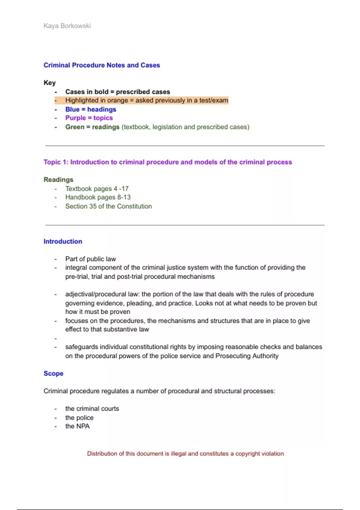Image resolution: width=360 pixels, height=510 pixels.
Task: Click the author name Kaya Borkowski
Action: click(x=67, y=26)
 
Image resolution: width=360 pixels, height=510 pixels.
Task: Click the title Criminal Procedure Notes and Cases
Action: click(x=102, y=65)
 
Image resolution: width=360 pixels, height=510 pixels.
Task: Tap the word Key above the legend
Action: click(x=50, y=83)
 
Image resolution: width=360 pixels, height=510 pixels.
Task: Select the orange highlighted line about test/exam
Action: click(x=146, y=100)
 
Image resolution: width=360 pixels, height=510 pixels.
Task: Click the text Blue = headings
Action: click(x=91, y=109)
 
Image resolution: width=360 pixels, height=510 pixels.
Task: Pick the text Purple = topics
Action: click(x=89, y=118)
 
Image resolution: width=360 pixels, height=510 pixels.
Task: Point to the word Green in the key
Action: click(x=75, y=127)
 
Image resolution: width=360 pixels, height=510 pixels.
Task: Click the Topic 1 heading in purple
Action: click(x=167, y=162)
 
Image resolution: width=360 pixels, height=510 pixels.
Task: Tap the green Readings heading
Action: click(x=58, y=180)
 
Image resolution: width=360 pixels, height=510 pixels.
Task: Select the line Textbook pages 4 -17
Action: click(x=97, y=189)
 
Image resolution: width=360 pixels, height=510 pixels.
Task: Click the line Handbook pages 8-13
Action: click(x=98, y=197)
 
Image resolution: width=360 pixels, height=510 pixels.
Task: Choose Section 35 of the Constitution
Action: click(x=109, y=206)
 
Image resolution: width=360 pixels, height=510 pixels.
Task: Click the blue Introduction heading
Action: click(x=63, y=241)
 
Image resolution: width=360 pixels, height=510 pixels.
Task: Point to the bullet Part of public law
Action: click(x=90, y=259)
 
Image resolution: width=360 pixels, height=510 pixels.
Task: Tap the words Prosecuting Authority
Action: click(x=247, y=356)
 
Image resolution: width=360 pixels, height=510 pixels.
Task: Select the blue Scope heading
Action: click(x=53, y=373)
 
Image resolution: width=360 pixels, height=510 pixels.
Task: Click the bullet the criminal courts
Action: click(x=92, y=409)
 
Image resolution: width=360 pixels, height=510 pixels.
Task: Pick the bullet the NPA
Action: click(x=77, y=426)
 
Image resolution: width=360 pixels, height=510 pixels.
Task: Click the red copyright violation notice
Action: click(x=185, y=454)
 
